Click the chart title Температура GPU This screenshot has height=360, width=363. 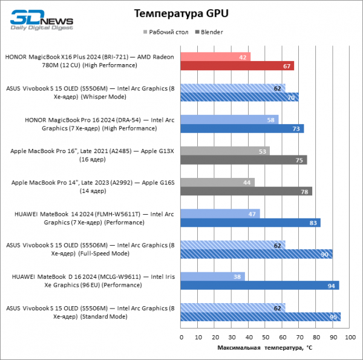point(181,13)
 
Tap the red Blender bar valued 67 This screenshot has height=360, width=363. point(237,66)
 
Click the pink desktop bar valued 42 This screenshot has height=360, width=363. point(215,57)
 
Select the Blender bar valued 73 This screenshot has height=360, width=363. point(242,129)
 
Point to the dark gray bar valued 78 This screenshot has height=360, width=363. point(246,191)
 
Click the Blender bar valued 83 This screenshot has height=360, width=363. point(250,223)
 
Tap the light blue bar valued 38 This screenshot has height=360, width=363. point(212,277)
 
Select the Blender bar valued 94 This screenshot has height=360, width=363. point(260,286)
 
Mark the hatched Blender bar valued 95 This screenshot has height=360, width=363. point(261,316)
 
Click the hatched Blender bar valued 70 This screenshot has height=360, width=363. point(240,97)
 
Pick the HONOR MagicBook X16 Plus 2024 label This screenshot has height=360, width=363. point(90,61)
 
